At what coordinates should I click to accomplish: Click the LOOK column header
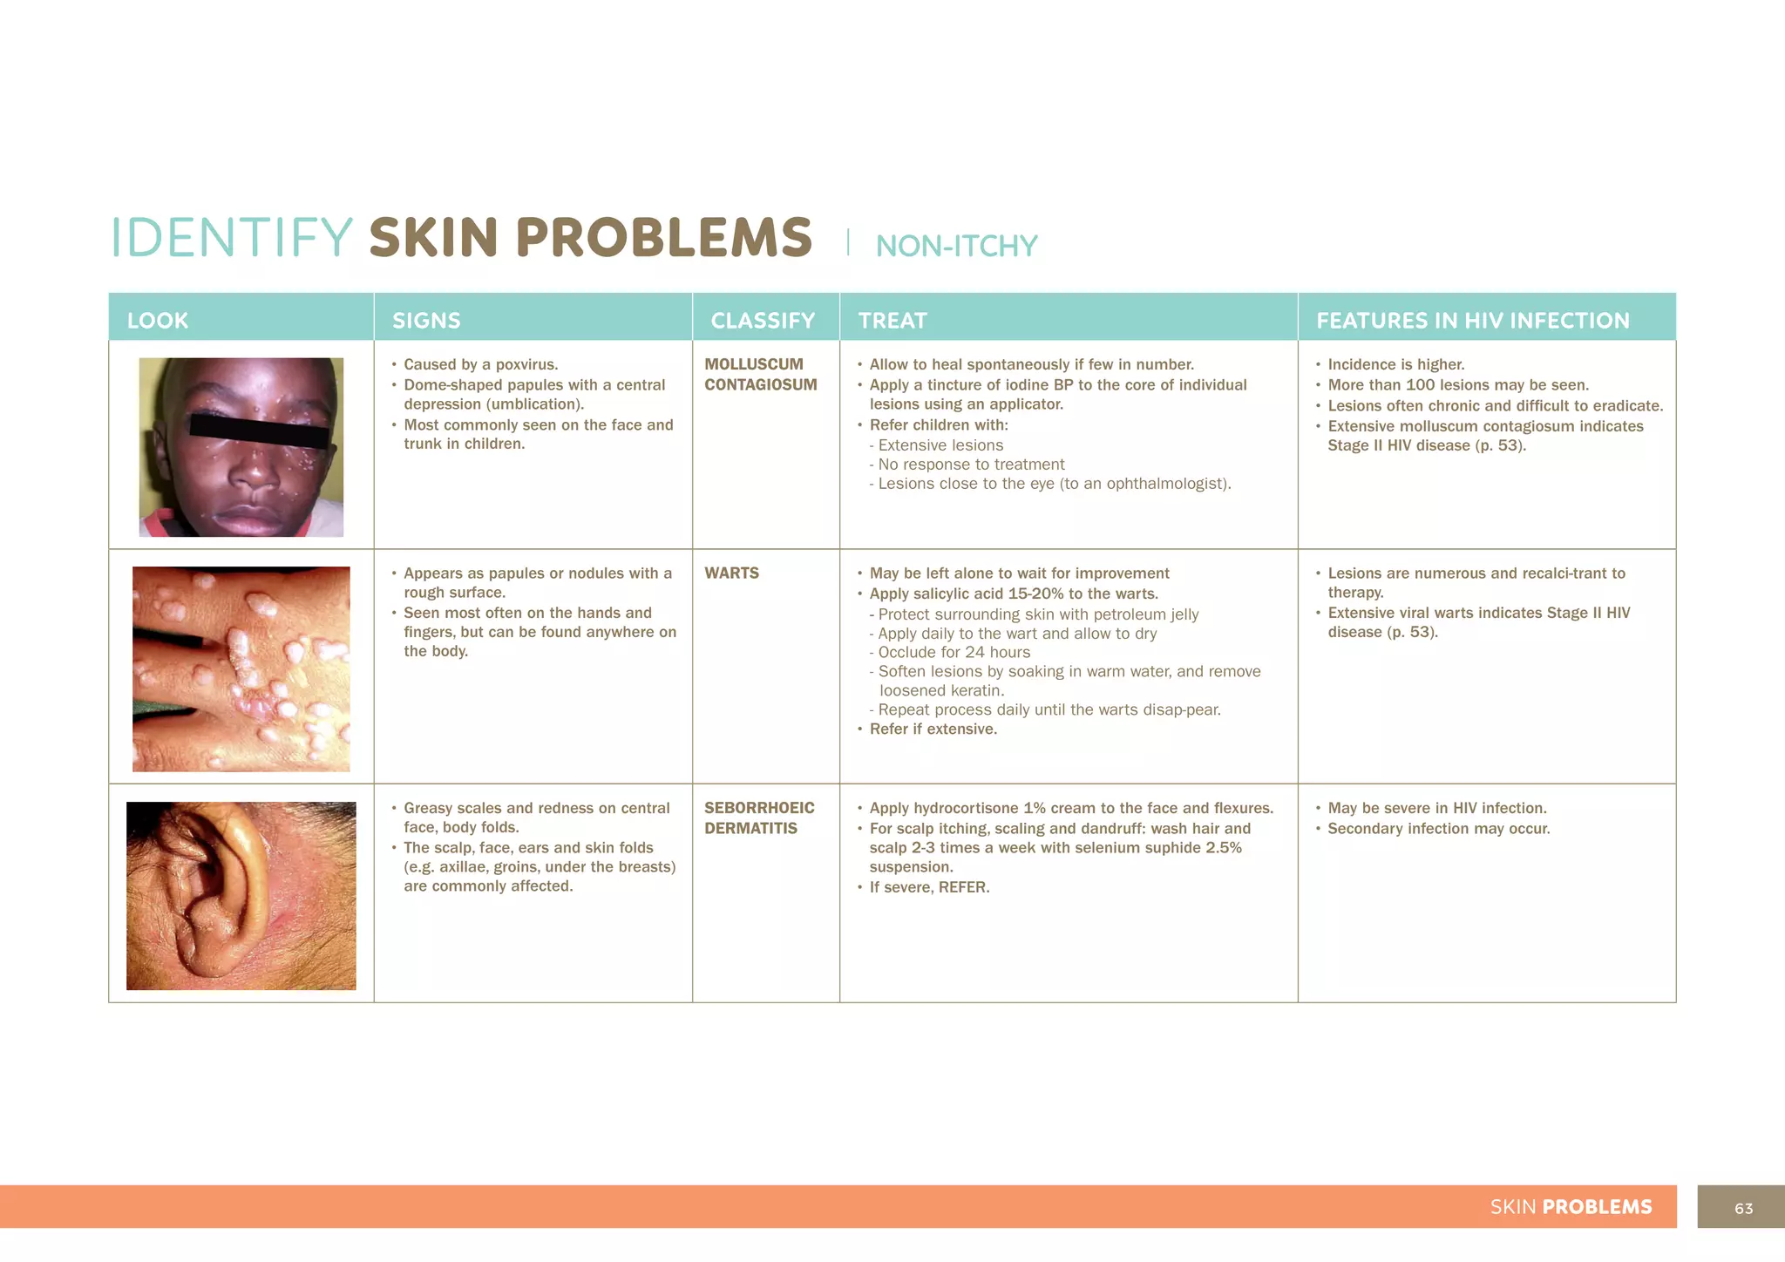coord(158,321)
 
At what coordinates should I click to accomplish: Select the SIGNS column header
coord(426,321)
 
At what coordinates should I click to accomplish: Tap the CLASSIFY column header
coord(763,321)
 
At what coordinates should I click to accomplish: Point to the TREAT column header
coord(892,321)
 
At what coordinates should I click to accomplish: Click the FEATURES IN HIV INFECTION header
coord(1472,321)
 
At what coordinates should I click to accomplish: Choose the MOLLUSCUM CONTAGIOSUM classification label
coord(760,375)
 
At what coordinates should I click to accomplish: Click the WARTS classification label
coord(731,573)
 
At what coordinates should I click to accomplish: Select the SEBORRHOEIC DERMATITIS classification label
coord(759,818)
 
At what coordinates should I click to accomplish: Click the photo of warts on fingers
coord(241,668)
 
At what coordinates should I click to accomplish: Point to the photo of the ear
coord(241,895)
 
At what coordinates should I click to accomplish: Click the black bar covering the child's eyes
coord(259,430)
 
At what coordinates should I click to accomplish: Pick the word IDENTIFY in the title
coord(232,238)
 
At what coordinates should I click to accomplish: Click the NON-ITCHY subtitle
coord(956,247)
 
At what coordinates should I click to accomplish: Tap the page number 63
coord(1743,1208)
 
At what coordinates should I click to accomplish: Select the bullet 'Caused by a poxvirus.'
coord(480,365)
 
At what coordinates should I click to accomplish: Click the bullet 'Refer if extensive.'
coord(933,729)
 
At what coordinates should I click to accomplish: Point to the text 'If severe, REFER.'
coord(929,888)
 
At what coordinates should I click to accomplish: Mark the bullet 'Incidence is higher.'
coord(1395,365)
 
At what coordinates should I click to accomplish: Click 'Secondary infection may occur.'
coord(1438,829)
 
